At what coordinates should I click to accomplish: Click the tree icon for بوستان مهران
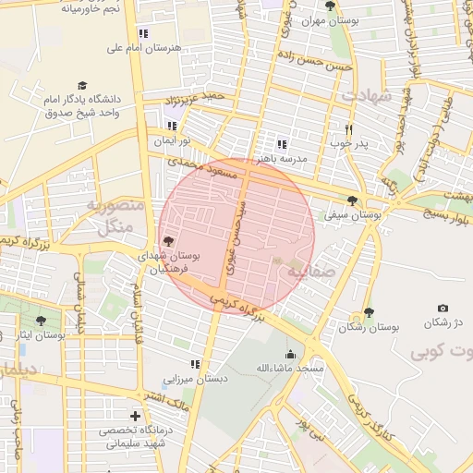(x=330, y=6)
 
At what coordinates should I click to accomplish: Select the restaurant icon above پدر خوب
(x=348, y=130)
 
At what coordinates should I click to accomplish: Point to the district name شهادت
(x=367, y=95)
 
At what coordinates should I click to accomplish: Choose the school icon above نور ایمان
(x=171, y=126)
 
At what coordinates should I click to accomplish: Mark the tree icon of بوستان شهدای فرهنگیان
(x=167, y=241)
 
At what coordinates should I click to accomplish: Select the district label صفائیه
(x=308, y=273)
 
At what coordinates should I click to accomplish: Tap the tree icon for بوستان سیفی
(x=351, y=200)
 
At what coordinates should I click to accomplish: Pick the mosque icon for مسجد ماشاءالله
(x=290, y=354)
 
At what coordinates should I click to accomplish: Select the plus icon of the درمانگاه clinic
(x=137, y=416)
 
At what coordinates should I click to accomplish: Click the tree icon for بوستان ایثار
(x=41, y=321)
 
